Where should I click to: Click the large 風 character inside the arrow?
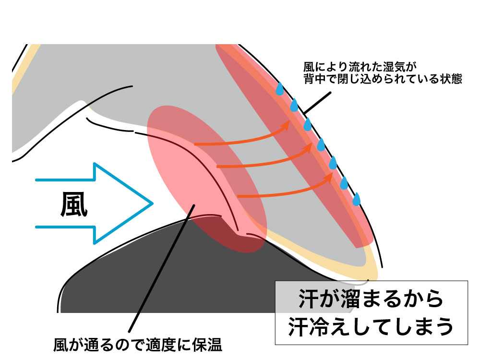tap(74, 204)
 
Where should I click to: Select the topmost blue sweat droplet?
tap(280, 89)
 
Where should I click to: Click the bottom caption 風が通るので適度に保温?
tap(139, 345)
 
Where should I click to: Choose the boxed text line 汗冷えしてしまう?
tap(371, 326)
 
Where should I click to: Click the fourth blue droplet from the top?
tap(321, 144)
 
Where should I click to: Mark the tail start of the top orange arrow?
tap(195, 144)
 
